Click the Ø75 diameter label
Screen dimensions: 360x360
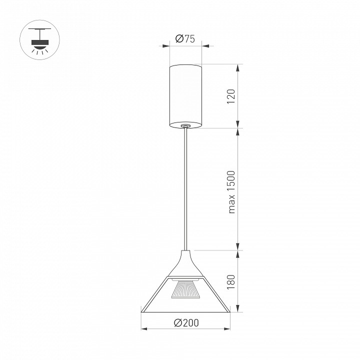coord(185,39)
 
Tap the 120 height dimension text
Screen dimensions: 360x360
coord(231,96)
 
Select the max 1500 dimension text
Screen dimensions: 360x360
coord(231,192)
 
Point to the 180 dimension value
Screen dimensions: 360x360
coord(231,282)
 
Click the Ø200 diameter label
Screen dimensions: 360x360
coord(186,323)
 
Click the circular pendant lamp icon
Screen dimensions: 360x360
coord(39,39)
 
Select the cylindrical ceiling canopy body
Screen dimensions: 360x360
coord(185,96)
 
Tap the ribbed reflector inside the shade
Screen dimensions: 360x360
coord(186,289)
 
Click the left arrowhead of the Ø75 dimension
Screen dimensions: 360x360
coord(166,46)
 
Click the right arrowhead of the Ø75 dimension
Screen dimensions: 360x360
coord(205,46)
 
